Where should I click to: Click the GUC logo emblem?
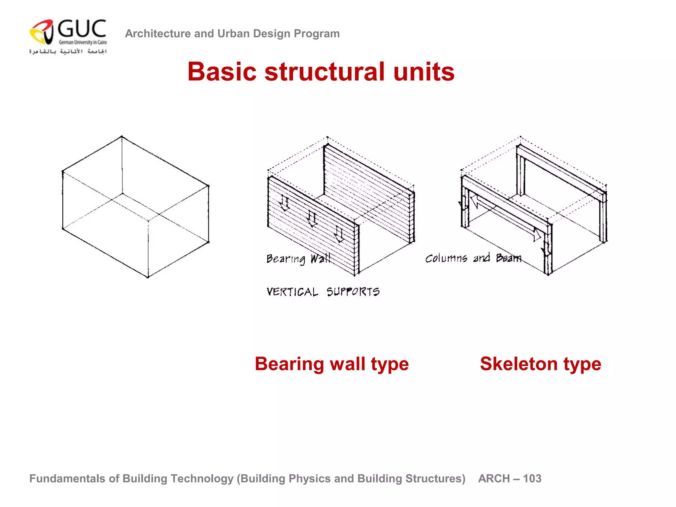pyautogui.click(x=42, y=32)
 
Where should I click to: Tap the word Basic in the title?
pyautogui.click(x=222, y=72)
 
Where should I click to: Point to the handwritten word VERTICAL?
pyautogui.click(x=292, y=292)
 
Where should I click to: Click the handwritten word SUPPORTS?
pyautogui.click(x=353, y=292)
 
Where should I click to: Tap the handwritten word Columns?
pyautogui.click(x=446, y=258)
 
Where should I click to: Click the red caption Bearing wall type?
pyautogui.click(x=332, y=364)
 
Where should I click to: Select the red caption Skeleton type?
pyautogui.click(x=540, y=364)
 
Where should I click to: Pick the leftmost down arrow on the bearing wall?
pyautogui.click(x=284, y=204)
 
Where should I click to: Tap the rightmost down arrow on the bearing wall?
pyautogui.click(x=339, y=234)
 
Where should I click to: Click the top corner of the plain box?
pyautogui.click(x=121, y=136)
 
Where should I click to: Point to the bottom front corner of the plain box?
pyautogui.click(x=148, y=277)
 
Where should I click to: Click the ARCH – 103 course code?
pyautogui.click(x=509, y=478)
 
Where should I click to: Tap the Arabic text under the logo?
pyautogui.click(x=68, y=51)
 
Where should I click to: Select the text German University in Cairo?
pyautogui.click(x=83, y=42)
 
